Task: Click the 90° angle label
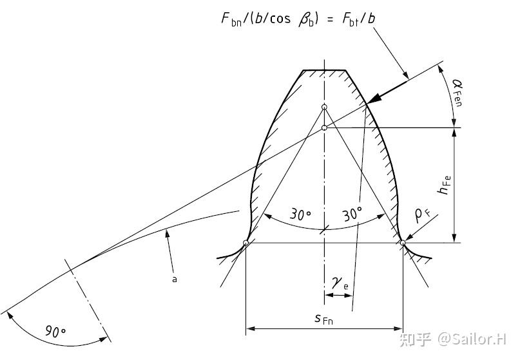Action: click(55, 331)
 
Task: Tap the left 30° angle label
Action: click(300, 214)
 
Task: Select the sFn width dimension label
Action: click(324, 319)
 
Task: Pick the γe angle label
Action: click(340, 284)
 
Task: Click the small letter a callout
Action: click(175, 279)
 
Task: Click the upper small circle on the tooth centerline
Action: click(324, 107)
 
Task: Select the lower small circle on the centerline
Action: click(324, 128)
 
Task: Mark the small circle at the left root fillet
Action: click(246, 243)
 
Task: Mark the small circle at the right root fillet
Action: click(403, 243)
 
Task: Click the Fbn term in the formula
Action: click(231, 19)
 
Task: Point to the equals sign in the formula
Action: click(330, 19)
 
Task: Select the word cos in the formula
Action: click(280, 19)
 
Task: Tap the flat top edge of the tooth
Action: click(324, 70)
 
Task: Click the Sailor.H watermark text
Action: click(472, 339)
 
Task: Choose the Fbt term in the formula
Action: click(351, 19)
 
